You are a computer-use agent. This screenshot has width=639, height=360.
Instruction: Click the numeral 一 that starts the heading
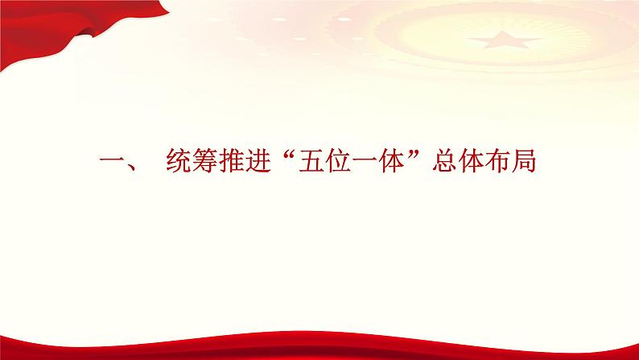(109, 163)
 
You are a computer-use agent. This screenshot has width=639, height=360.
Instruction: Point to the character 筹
(208, 163)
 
